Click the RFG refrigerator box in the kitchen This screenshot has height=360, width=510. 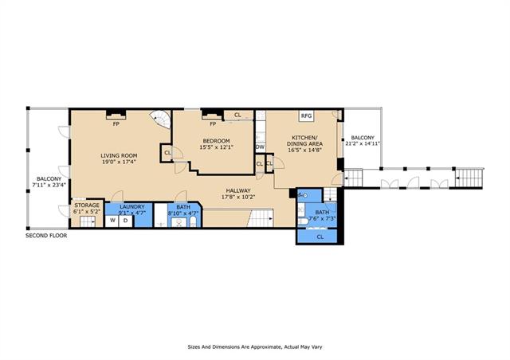click(306, 115)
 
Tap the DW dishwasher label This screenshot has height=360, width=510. click(261, 147)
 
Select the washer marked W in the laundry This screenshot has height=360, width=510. click(112, 221)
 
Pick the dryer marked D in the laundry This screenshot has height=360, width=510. click(126, 221)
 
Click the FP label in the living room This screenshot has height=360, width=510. click(116, 124)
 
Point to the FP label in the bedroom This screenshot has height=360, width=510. click(213, 124)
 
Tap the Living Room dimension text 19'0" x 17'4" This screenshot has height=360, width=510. click(119, 162)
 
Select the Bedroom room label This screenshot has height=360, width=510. click(216, 141)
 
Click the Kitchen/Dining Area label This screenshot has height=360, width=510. click(304, 140)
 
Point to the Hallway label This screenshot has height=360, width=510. click(238, 190)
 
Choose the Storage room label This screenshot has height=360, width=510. click(87, 205)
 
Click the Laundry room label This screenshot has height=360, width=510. click(132, 207)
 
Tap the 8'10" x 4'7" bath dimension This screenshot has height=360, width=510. click(183, 213)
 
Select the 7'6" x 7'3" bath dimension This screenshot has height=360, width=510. click(322, 218)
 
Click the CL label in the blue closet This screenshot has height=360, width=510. click(320, 237)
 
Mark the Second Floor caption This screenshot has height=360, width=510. click(46, 236)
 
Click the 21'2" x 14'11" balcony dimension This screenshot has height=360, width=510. click(363, 143)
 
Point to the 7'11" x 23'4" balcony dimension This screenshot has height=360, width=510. click(49, 186)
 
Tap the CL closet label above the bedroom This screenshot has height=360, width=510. click(237, 115)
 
